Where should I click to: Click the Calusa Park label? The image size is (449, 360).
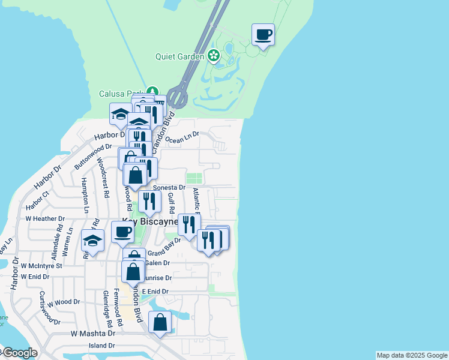click(119, 94)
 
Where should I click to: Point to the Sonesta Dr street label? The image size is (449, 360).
click(169, 188)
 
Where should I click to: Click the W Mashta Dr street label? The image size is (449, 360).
click(92, 333)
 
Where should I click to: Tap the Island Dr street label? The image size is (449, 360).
click(101, 346)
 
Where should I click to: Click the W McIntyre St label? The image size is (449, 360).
click(41, 265)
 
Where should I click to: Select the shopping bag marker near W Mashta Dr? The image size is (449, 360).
click(160, 323)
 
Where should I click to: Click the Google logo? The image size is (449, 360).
click(19, 353)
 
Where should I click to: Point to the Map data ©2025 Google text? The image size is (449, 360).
click(412, 355)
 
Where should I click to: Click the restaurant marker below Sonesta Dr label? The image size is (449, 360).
click(149, 202)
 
